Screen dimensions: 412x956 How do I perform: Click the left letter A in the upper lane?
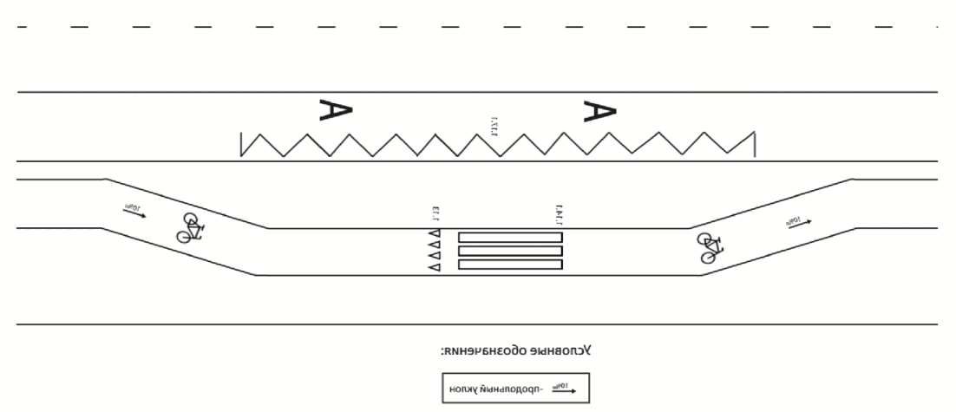click(x=336, y=109)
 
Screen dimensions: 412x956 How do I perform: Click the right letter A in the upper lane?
click(x=599, y=110)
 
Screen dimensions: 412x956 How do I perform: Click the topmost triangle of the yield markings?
click(x=435, y=234)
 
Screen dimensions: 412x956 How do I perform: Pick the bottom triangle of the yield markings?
click(x=435, y=267)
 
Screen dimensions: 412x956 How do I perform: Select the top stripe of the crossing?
click(x=510, y=237)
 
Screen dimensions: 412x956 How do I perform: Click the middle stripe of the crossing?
click(x=510, y=251)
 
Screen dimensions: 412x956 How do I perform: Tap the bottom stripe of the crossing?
click(x=510, y=264)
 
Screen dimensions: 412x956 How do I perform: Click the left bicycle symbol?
click(x=191, y=228)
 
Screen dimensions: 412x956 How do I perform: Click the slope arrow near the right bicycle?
click(x=799, y=222)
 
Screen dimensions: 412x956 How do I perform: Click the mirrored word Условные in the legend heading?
click(x=561, y=351)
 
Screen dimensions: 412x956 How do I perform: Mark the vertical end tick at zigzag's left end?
click(x=240, y=144)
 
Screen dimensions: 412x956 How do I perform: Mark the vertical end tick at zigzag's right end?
click(x=755, y=144)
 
